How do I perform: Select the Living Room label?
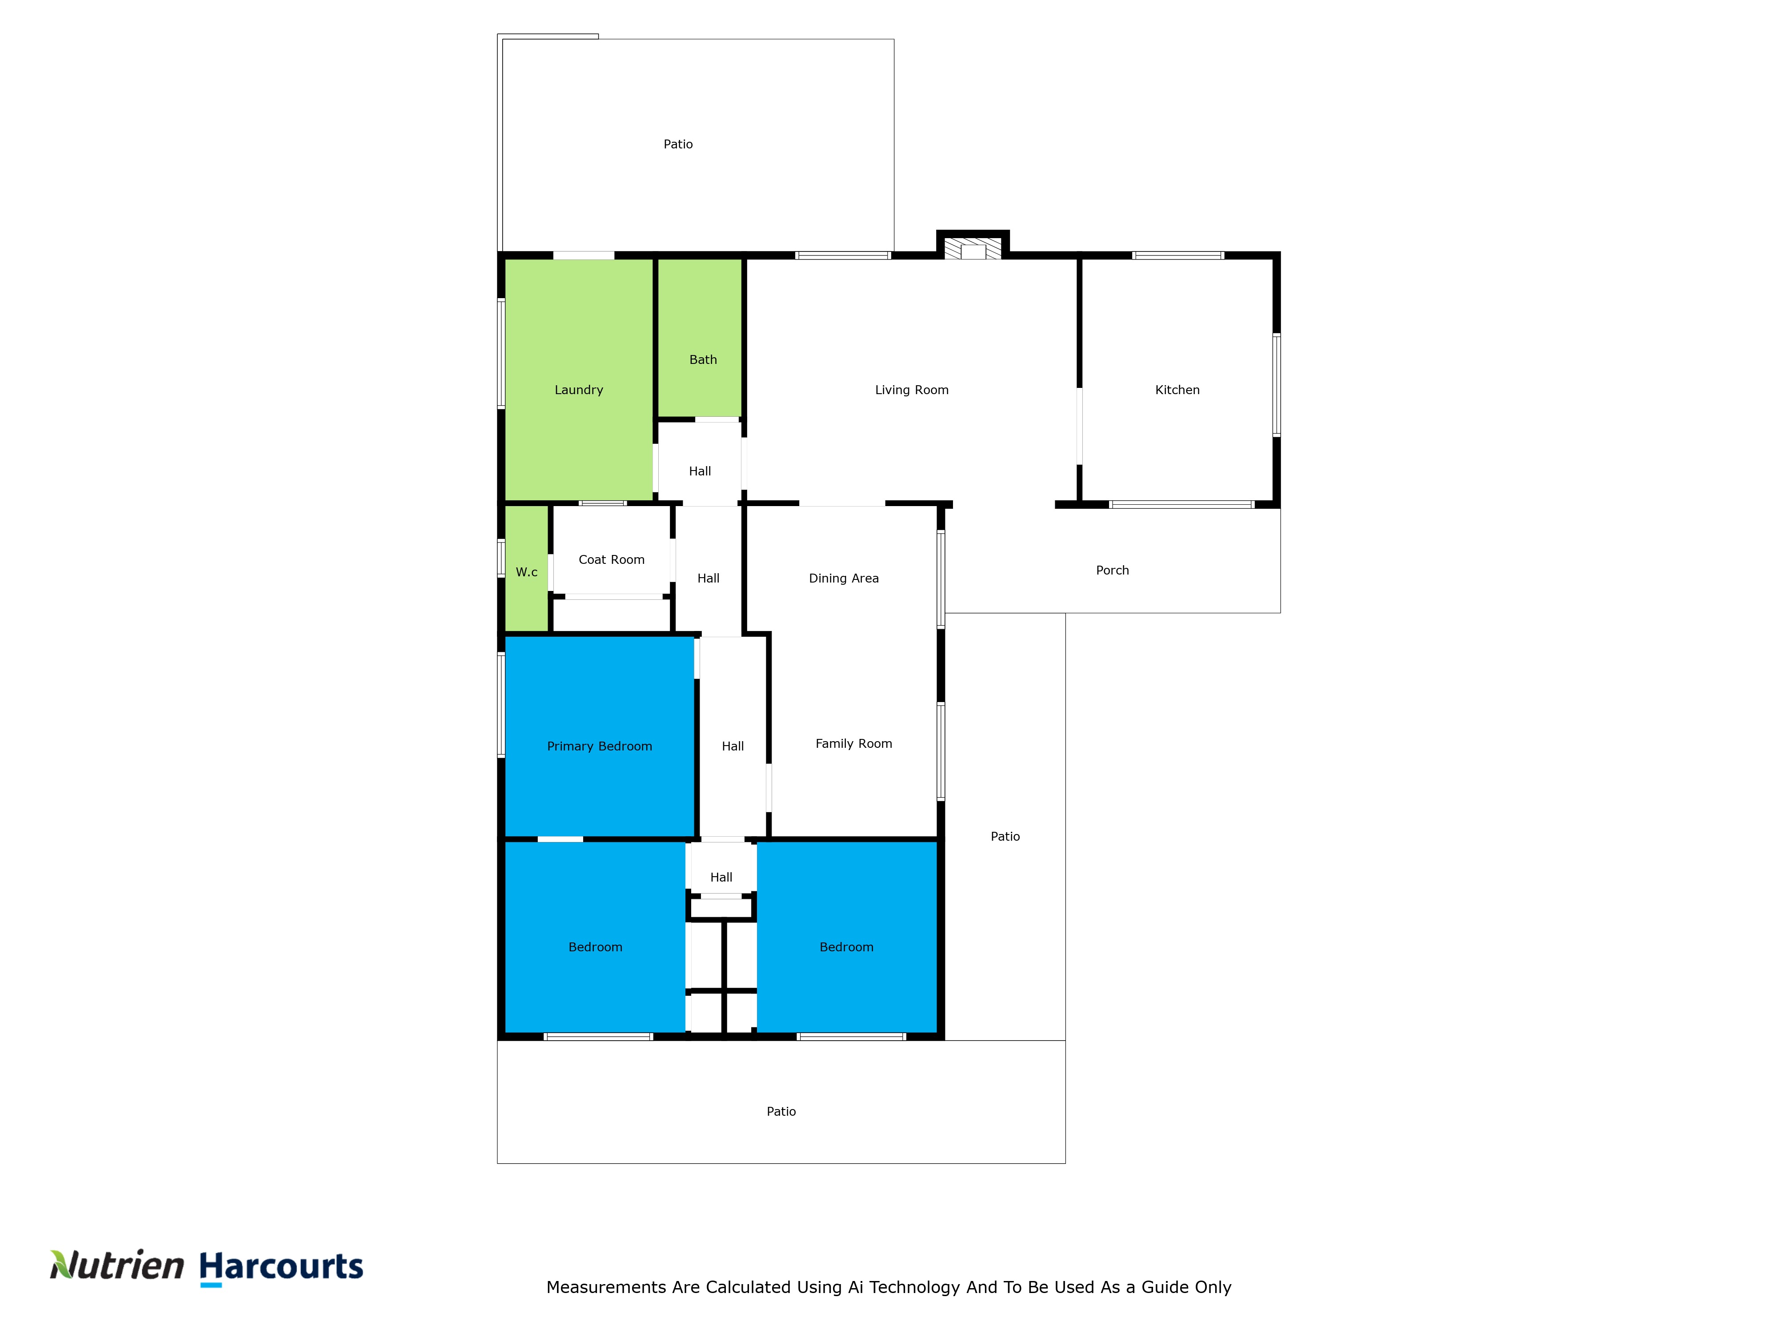(x=912, y=390)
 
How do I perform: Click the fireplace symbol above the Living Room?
(x=973, y=250)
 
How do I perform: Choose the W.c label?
(x=526, y=572)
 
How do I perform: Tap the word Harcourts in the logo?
(x=281, y=1266)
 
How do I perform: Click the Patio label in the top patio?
(x=677, y=144)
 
